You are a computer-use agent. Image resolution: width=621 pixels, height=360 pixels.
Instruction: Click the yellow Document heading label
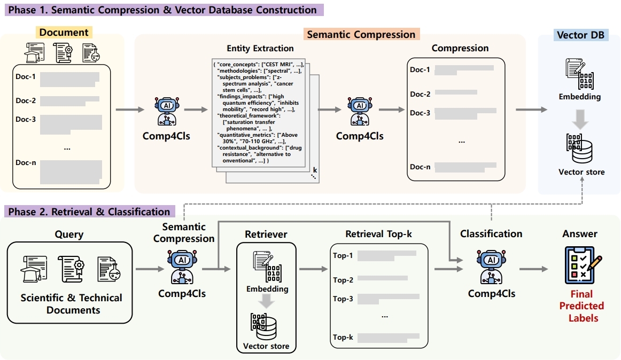pos(64,32)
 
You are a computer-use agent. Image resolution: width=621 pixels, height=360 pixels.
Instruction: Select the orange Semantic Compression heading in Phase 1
pos(361,34)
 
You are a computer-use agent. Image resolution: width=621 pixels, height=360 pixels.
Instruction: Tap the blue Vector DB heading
pos(580,35)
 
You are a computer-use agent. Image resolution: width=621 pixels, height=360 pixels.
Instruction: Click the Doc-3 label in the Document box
pos(26,119)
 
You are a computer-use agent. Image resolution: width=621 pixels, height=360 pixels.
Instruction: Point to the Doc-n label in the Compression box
pos(420,167)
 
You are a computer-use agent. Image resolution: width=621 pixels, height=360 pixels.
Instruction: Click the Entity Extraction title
pos(260,48)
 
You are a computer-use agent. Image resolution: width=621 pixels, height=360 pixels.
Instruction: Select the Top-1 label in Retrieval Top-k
pos(343,255)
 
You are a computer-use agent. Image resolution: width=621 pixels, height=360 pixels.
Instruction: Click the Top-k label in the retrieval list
pos(343,337)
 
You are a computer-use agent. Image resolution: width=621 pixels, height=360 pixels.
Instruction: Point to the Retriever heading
pos(266,234)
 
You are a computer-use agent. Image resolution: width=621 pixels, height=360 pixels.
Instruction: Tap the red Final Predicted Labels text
pos(582,306)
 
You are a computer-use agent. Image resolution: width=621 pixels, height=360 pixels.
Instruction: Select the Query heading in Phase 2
pos(69,234)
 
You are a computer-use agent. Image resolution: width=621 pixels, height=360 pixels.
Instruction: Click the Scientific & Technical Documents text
pos(71,304)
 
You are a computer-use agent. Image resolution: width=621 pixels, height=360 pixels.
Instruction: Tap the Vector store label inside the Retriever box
pos(266,346)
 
